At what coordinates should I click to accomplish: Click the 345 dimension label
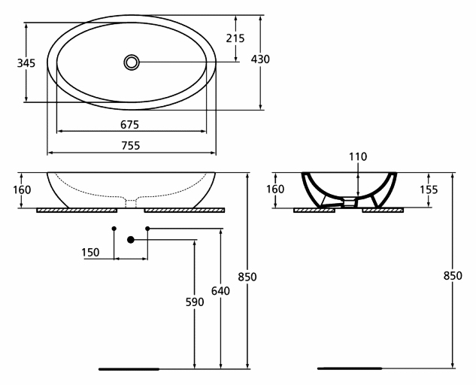[26, 63]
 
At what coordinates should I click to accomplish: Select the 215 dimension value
[235, 38]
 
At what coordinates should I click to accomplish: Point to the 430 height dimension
[260, 59]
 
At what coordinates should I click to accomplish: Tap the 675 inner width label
[129, 125]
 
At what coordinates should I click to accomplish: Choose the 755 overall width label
[131, 146]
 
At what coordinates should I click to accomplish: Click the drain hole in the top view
[132, 62]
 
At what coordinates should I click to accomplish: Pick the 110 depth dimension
[358, 156]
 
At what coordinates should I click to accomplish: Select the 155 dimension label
[429, 189]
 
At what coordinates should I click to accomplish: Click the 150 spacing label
[90, 253]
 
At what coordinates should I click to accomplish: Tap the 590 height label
[195, 302]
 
